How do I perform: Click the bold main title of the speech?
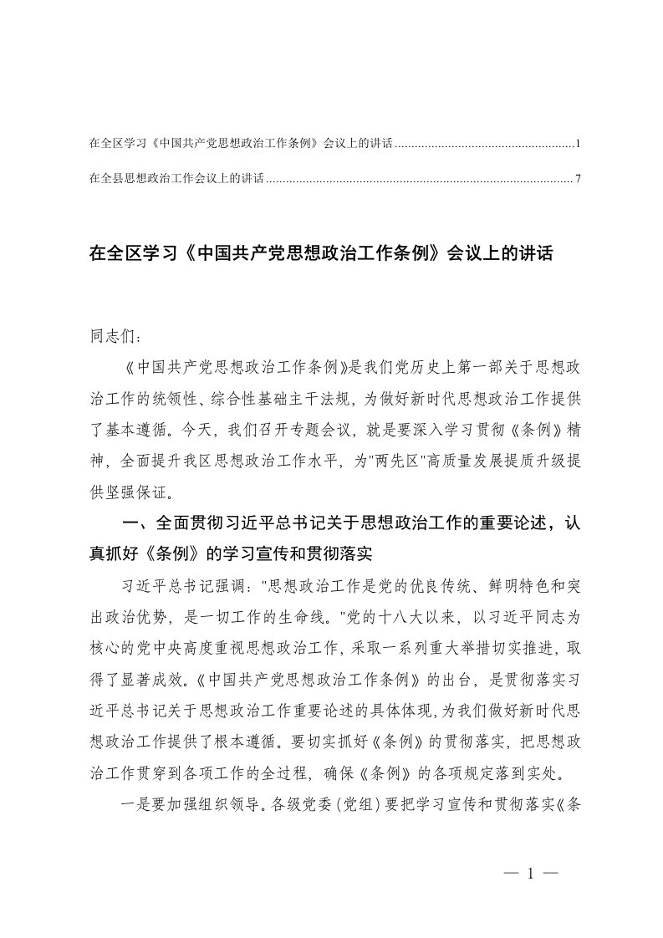pos(321,253)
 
